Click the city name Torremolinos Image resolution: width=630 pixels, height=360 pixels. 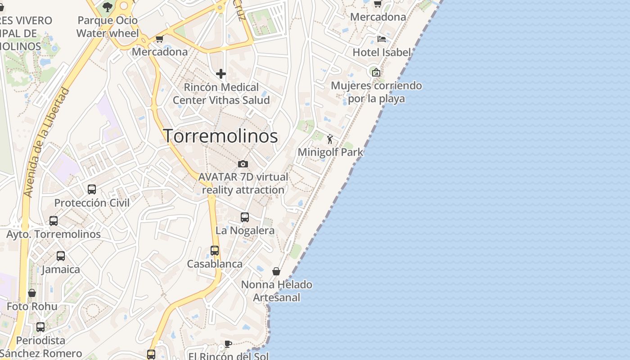click(220, 136)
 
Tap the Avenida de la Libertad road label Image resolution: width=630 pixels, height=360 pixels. click(47, 142)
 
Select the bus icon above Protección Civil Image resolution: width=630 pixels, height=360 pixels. click(92, 189)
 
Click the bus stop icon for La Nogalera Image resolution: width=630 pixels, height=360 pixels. click(245, 217)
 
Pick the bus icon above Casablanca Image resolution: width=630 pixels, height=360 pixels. click(215, 251)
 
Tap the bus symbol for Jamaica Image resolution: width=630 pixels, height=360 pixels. click(61, 256)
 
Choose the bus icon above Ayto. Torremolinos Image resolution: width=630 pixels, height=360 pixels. click(54, 221)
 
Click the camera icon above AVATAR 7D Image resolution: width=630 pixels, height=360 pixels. click(243, 164)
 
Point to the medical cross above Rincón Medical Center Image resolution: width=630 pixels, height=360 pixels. click(221, 74)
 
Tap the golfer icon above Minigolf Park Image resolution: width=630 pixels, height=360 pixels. click(330, 139)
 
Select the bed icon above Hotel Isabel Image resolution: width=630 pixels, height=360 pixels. click(382, 39)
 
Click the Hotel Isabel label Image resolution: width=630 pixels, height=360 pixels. click(382, 52)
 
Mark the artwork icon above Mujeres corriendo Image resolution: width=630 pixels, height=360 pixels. click(376, 72)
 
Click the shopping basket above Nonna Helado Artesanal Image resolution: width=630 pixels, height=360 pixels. click(276, 271)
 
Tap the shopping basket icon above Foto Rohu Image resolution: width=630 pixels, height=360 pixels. click(32, 293)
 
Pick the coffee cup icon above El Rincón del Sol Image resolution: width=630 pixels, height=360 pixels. click(228, 344)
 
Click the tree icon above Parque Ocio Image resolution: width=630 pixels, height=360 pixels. click(107, 7)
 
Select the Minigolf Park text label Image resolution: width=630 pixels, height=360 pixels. click(330, 152)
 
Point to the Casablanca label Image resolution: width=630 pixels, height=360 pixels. click(215, 264)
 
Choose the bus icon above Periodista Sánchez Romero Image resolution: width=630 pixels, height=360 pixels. click(40, 327)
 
